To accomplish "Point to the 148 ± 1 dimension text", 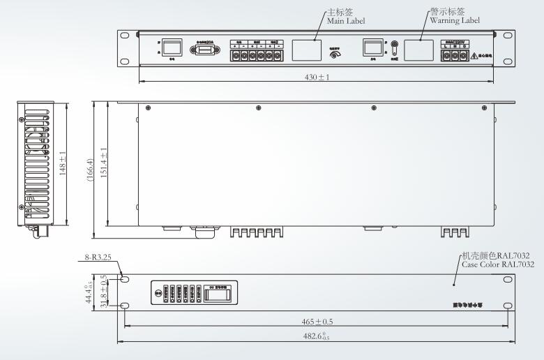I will point(63,164).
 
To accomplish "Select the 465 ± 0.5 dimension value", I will point(317,322).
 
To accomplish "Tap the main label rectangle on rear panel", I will point(306,49).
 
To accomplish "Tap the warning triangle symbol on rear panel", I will point(474,54).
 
